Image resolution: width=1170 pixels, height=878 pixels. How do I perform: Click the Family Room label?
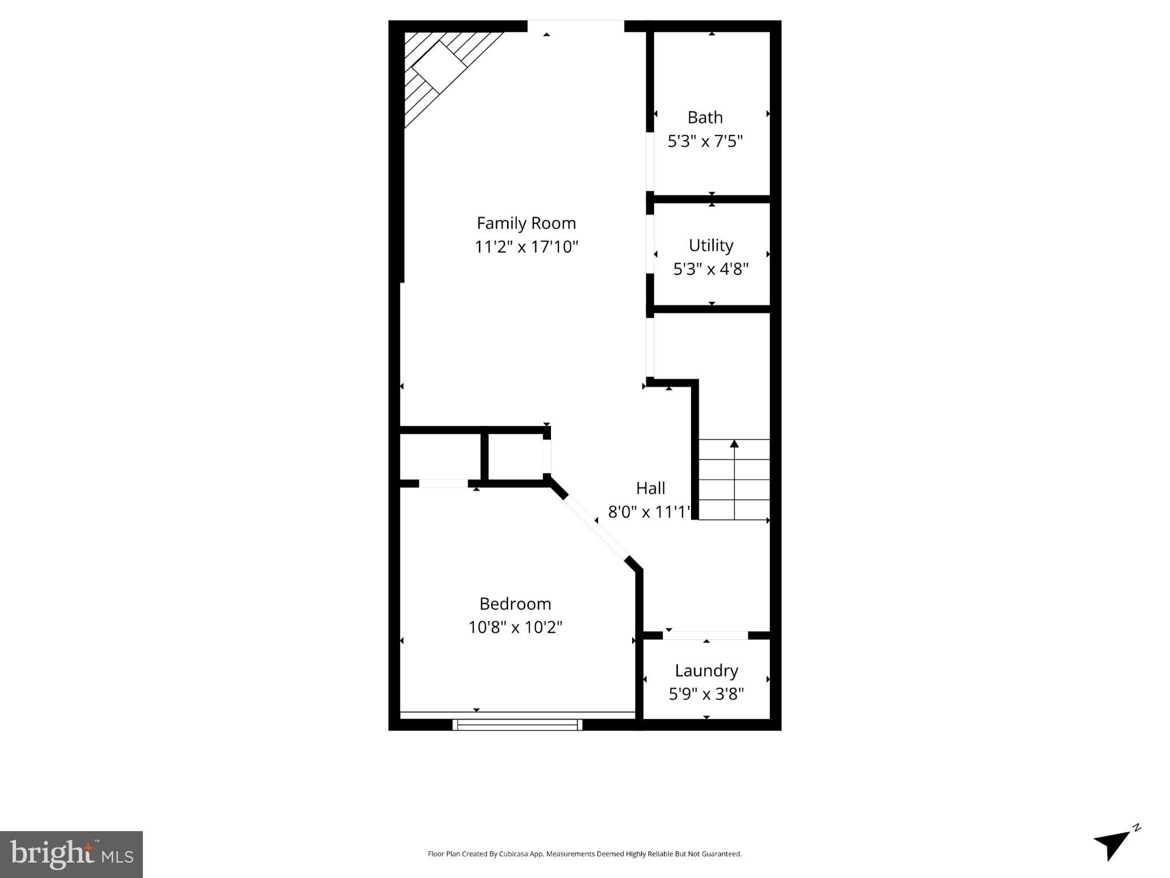point(526,223)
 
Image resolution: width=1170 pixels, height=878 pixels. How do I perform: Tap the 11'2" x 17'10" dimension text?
point(526,247)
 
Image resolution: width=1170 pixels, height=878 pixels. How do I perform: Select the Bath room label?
point(705,118)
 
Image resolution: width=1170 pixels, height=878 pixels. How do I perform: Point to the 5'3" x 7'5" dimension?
point(705,141)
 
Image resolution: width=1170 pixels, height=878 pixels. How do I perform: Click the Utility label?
point(710,245)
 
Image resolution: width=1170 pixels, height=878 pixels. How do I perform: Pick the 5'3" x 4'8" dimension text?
point(710,269)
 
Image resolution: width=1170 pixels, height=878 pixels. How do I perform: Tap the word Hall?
point(650,488)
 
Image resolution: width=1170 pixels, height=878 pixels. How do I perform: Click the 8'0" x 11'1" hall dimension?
point(649,512)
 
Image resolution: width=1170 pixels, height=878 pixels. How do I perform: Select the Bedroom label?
point(515,604)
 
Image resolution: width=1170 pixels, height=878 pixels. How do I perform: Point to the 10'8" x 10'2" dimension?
point(515,627)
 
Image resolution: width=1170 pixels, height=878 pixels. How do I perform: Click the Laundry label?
point(706,671)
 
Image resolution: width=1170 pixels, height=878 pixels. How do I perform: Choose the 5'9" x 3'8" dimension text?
point(706,694)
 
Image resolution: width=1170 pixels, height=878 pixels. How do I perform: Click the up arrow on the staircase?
point(734,444)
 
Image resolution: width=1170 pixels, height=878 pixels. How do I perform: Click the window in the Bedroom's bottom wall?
point(517,725)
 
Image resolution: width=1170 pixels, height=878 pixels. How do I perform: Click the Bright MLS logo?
point(71,854)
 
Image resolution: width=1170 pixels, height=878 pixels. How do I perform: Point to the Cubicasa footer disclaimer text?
point(584,854)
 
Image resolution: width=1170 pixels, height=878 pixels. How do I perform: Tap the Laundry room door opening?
point(705,635)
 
